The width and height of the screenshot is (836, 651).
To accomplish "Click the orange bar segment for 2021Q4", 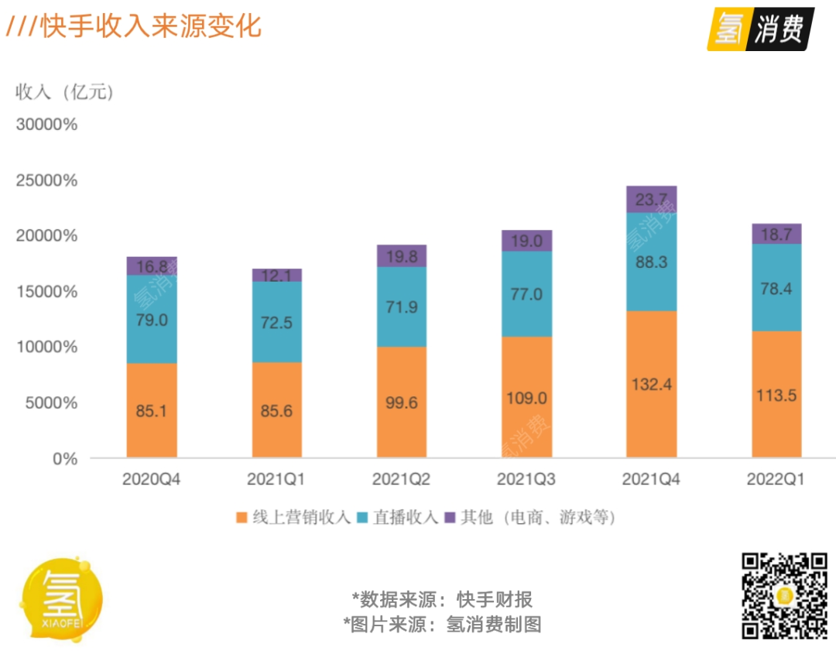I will pyautogui.click(x=651, y=383).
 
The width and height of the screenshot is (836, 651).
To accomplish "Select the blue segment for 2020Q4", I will pyautogui.click(x=152, y=319).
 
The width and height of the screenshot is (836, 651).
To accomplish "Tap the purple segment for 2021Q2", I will pyautogui.click(x=402, y=256).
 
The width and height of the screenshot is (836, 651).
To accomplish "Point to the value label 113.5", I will pyautogui.click(x=776, y=396).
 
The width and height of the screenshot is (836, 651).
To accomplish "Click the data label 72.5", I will pyautogui.click(x=276, y=322).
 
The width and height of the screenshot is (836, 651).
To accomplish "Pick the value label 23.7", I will pyautogui.click(x=651, y=200).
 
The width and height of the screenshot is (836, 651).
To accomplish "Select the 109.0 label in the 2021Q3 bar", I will pyautogui.click(x=526, y=398).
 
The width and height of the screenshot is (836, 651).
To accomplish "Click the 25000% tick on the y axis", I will pyautogui.click(x=46, y=180).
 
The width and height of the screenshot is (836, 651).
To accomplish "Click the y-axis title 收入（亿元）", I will pyautogui.click(x=65, y=92).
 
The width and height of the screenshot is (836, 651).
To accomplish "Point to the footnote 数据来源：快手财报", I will pyautogui.click(x=442, y=599).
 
